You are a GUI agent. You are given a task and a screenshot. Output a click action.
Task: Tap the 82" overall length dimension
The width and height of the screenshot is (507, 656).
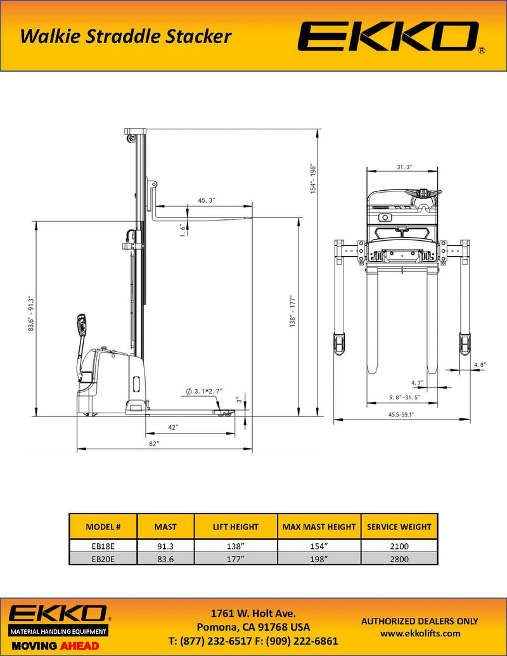click(x=154, y=444)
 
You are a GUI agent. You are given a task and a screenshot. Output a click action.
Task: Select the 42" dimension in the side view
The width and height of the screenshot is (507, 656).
click(x=172, y=428)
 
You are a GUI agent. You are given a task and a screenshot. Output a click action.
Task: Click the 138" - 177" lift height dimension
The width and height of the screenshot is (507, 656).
click(x=293, y=311)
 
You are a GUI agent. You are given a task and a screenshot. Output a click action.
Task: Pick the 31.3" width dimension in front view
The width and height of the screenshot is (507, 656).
click(x=404, y=167)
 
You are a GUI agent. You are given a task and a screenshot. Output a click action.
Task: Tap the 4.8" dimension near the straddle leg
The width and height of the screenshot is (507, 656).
click(x=479, y=364)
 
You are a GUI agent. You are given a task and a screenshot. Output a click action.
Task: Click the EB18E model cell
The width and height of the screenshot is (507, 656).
click(x=102, y=546)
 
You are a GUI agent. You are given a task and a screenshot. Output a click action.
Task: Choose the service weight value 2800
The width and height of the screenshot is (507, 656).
click(x=399, y=559)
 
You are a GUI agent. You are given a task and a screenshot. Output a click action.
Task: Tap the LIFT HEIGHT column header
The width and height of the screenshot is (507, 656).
click(x=235, y=527)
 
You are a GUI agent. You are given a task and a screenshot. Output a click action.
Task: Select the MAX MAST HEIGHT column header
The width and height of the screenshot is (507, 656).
click(x=319, y=527)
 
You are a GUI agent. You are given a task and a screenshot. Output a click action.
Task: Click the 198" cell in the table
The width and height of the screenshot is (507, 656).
click(x=319, y=559)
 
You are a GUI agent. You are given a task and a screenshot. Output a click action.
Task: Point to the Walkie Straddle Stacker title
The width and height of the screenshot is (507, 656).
click(x=125, y=37)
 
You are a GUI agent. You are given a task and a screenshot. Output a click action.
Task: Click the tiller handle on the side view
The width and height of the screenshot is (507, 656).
click(x=82, y=325)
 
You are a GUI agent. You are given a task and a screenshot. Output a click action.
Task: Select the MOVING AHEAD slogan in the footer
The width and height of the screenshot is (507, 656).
click(x=54, y=645)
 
